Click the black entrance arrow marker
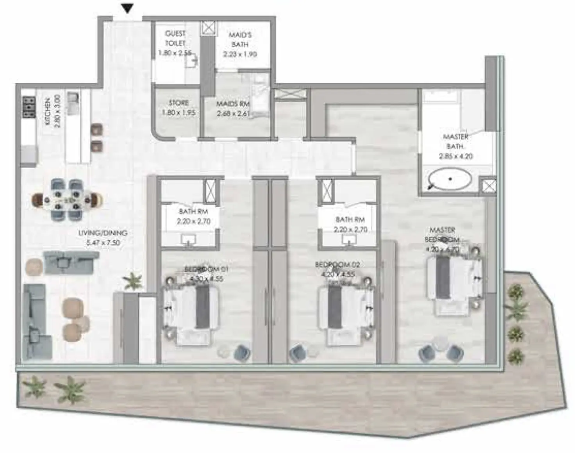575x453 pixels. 127,8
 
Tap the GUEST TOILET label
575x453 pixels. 175,38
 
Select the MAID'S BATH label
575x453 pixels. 240,39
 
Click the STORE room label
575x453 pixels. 179,103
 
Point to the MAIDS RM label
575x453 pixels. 233,104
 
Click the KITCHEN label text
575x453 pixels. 48,111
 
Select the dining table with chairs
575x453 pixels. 67,200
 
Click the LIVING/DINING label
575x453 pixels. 103,233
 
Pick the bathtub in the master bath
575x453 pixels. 450,179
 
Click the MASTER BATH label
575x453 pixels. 455,141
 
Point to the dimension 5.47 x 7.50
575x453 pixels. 103,243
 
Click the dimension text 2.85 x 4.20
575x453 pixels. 455,156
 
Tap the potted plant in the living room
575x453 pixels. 133,281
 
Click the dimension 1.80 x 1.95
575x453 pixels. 179,113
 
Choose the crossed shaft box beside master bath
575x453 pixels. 487,186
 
